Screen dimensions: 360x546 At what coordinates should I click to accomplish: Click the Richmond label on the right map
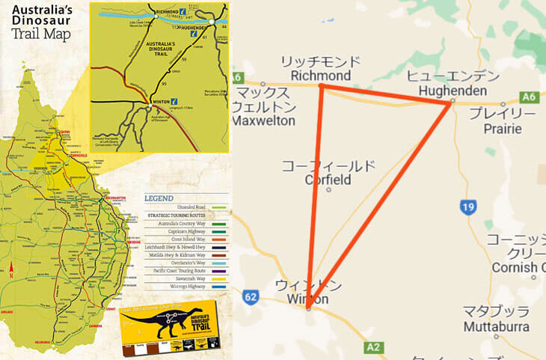pyautogui.click(x=320, y=76)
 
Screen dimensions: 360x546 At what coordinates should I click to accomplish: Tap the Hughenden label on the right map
pyautogui.click(x=446, y=91)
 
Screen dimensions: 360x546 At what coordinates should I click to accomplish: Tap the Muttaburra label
pyautogui.click(x=497, y=326)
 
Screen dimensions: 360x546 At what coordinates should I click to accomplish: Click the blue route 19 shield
pyautogui.click(x=468, y=207)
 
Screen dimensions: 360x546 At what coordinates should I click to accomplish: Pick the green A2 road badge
pyautogui.click(x=372, y=347)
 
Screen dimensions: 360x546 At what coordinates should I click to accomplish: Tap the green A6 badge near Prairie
pyautogui.click(x=529, y=97)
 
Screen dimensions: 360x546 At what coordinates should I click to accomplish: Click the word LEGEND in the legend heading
pyautogui.click(x=160, y=198)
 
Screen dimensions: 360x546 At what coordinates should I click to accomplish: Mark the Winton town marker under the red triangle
pyautogui.click(x=308, y=308)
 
